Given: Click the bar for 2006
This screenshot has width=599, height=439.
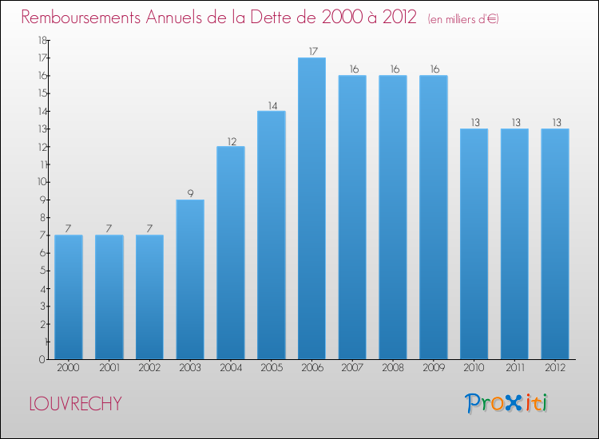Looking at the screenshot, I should click(x=311, y=208).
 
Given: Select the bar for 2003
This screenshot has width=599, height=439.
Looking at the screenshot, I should click(x=190, y=279).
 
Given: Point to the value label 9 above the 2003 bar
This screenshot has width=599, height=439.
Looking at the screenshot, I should click(x=190, y=193).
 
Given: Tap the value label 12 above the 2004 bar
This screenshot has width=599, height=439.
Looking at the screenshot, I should click(x=231, y=140).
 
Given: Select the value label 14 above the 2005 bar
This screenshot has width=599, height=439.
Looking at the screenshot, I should click(x=272, y=105).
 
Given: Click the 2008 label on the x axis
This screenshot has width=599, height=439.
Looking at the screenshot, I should click(x=393, y=368).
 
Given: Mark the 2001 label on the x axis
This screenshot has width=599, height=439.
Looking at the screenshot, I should click(x=109, y=368).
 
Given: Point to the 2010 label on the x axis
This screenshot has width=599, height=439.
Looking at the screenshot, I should click(x=474, y=368).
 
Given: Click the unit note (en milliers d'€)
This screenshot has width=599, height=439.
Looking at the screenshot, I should click(x=463, y=18).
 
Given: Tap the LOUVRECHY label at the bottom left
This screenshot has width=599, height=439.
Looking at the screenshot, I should click(x=75, y=403).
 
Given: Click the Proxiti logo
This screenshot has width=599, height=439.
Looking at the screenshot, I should click(x=506, y=403).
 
